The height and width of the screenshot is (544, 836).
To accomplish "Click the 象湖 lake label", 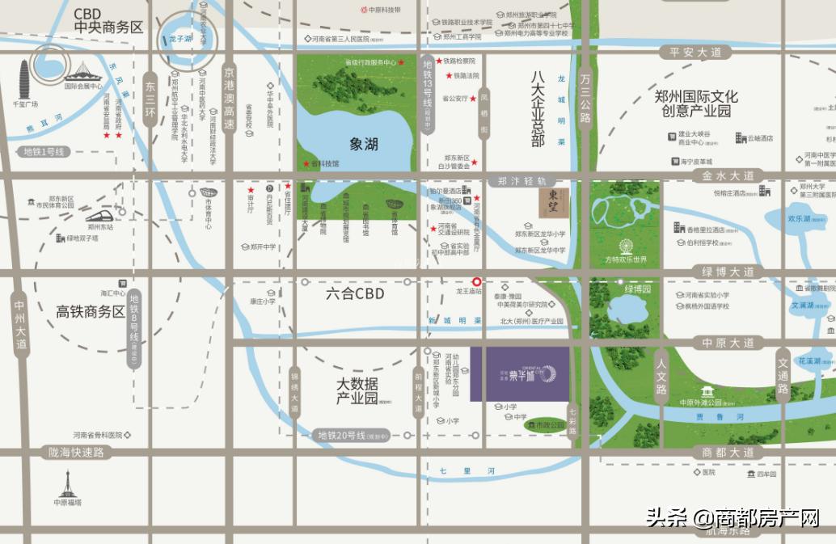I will tap(365, 145).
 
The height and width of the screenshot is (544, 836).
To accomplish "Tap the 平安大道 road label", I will tap(695, 53).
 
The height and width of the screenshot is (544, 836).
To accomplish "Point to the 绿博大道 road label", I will tap(728, 272).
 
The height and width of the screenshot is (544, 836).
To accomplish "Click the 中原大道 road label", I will tap(728, 343).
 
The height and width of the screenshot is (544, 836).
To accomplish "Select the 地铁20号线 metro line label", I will tap(353, 436).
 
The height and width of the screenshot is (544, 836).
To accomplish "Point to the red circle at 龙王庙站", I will tap(477, 281).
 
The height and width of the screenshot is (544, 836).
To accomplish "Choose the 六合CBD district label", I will tap(356, 294).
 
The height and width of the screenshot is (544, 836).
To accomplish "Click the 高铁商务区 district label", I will tap(91, 312).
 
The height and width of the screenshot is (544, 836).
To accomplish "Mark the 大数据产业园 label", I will tap(357, 390).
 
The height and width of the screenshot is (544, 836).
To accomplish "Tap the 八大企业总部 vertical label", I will tap(538, 109).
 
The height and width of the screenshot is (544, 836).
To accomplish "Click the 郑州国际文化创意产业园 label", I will tap(696, 103).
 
